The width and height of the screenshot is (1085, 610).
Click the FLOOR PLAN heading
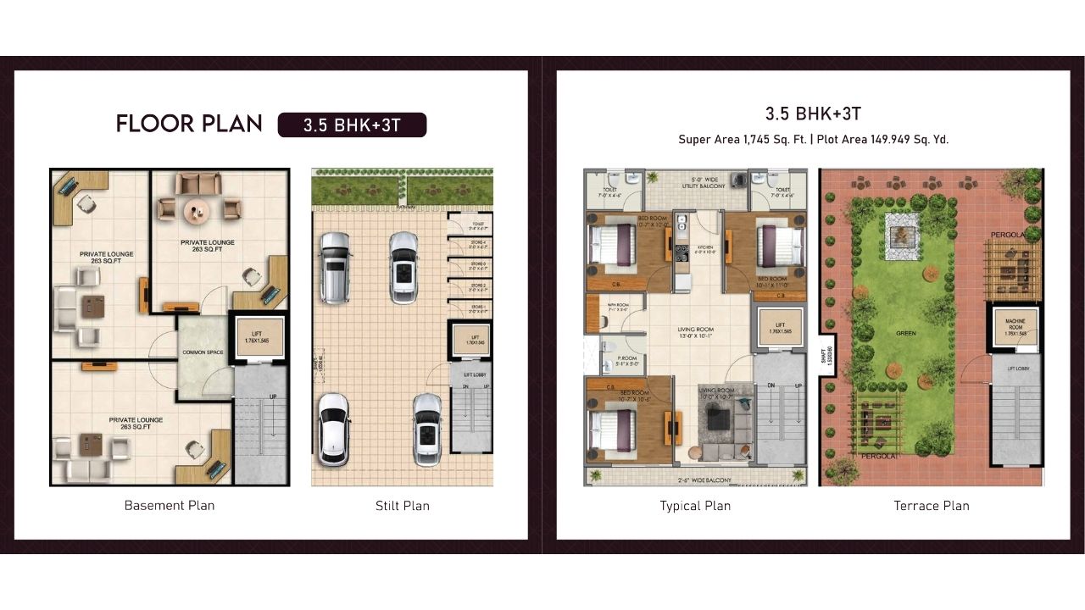pos(189,124)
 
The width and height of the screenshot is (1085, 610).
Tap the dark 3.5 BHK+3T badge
pos(352,125)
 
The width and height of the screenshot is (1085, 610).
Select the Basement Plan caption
pos(170,506)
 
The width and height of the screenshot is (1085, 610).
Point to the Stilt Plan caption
pos(403,506)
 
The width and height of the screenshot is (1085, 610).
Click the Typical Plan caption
pos(695,506)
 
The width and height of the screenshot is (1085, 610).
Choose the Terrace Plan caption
pos(932,506)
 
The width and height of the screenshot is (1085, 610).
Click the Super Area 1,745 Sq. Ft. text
pos(743,140)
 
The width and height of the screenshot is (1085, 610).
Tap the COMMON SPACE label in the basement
pos(203,352)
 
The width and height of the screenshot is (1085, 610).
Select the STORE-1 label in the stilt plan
pos(479,304)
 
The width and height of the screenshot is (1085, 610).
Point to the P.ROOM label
pos(626,359)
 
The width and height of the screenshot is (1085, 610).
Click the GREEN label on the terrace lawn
pos(906,334)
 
